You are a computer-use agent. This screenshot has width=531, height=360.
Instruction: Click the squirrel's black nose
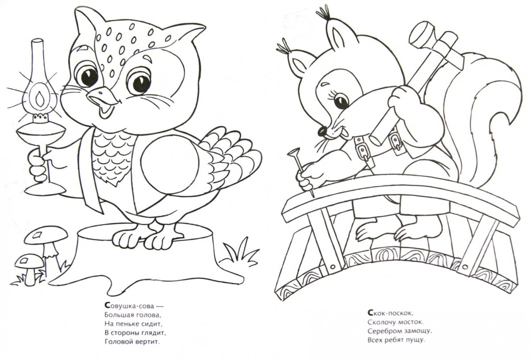coord(322,132)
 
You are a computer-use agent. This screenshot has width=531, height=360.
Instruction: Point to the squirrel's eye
coord(342,102)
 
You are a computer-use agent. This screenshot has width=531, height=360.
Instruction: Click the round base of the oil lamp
coord(45,190)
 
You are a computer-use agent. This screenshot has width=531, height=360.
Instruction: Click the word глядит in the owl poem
coord(154,333)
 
